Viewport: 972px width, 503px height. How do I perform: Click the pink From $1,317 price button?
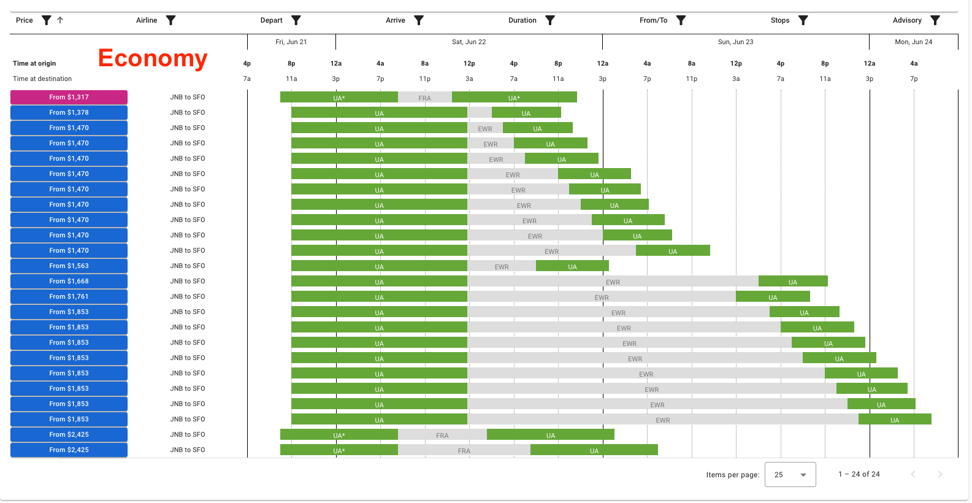coord(69,97)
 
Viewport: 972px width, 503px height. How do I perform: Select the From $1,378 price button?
coord(69,112)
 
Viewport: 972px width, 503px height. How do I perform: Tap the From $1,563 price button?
coord(69,266)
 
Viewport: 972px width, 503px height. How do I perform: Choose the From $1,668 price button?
coord(69,281)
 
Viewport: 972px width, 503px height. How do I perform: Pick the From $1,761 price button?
coord(69,296)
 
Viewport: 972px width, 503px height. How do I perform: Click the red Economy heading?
coord(153,58)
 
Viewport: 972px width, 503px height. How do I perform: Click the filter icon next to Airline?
coord(171,20)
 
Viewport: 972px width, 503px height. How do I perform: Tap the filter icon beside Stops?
coord(803,20)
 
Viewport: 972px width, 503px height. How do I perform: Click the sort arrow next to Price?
coord(60,20)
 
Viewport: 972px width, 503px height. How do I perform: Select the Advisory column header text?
coord(907,20)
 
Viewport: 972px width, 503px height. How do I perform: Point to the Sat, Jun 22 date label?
coord(469,42)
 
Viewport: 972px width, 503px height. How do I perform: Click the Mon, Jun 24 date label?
coord(913,42)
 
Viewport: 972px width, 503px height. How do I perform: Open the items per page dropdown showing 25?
coord(790,474)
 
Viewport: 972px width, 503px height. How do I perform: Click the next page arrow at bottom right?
coord(939,474)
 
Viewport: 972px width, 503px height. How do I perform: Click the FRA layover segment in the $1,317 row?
coord(424,98)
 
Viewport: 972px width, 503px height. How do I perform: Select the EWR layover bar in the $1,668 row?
coord(613,282)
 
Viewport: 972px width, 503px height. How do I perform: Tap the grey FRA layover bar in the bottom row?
coord(464,450)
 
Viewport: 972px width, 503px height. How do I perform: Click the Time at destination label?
coord(42,79)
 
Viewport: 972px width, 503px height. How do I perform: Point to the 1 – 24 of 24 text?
coord(859,474)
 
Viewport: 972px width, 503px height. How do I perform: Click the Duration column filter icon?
coord(550,20)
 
